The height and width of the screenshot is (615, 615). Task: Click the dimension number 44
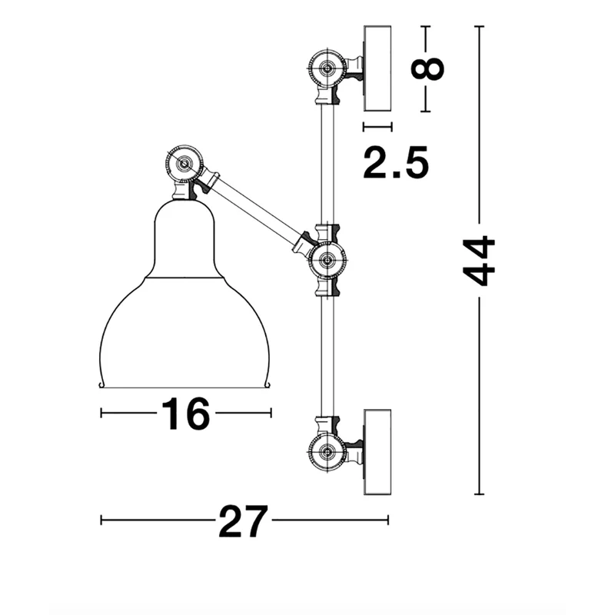(479, 261)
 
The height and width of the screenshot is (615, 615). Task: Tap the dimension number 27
(244, 521)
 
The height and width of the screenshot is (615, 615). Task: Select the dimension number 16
(185, 414)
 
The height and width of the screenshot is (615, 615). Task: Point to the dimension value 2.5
(396, 163)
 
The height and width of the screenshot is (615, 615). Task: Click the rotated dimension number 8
(427, 69)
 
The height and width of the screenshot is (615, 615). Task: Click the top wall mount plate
(377, 68)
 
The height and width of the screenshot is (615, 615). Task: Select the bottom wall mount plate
(377, 452)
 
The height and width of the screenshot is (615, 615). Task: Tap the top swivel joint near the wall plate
(327, 68)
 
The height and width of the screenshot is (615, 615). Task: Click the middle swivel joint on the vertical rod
(327, 260)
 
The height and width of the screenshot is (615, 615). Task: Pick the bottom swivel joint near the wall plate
(327, 452)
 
